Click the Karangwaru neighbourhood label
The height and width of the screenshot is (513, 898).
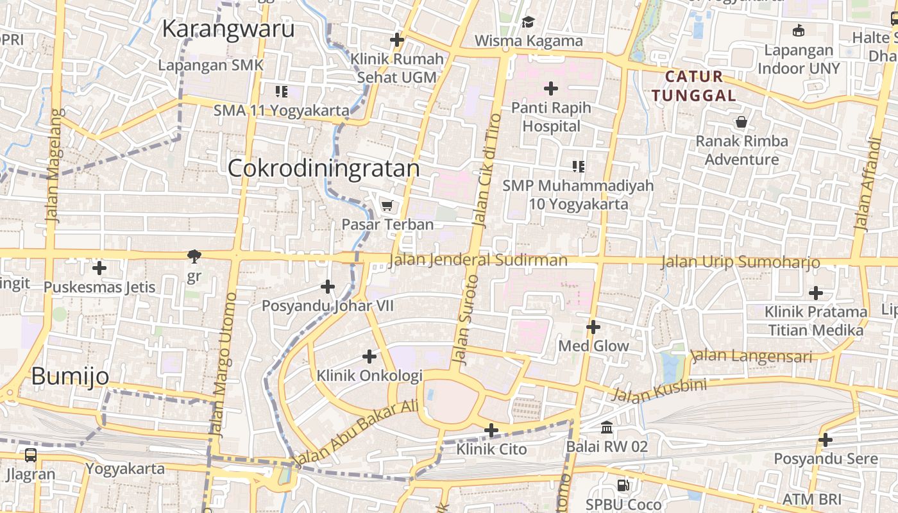228,29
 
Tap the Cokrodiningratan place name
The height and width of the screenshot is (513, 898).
323,168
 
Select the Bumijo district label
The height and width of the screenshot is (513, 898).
70,376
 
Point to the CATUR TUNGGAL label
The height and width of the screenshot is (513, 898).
693,86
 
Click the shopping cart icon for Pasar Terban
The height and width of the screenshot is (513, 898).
387,206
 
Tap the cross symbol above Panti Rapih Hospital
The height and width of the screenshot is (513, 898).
550,88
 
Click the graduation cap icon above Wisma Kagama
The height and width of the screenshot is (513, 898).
528,22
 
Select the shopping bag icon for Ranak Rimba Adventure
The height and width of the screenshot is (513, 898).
741,122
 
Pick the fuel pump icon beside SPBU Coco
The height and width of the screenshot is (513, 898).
622,485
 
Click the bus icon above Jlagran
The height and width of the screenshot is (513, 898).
30,455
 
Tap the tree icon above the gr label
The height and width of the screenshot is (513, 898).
194,257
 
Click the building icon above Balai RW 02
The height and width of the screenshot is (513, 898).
607,427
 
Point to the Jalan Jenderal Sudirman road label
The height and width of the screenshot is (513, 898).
478,260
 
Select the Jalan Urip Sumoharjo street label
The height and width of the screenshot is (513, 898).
740,262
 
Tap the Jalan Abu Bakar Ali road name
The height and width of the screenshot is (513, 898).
357,433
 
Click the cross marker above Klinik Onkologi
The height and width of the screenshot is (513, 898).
369,357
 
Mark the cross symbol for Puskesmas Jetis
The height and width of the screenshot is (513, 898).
99,268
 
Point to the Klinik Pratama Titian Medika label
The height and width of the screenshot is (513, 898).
815,321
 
